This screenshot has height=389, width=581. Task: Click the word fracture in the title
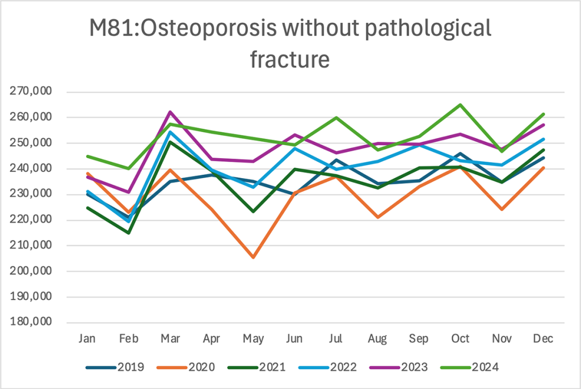click(290, 58)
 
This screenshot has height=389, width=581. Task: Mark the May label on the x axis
click(253, 339)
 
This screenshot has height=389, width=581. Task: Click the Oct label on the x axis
click(460, 339)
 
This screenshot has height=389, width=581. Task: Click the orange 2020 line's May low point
click(253, 257)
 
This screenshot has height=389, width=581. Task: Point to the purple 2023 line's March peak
click(170, 112)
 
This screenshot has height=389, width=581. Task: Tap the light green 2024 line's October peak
click(460, 104)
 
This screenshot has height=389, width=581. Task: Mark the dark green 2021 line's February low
click(129, 232)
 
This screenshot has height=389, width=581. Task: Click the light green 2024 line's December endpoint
click(543, 114)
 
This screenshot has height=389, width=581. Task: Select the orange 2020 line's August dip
click(377, 217)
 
